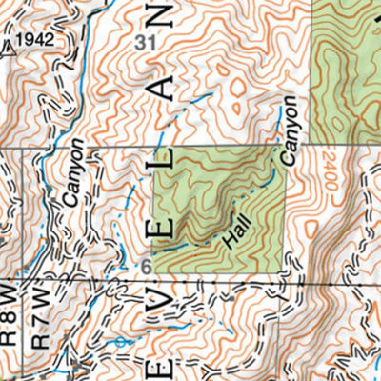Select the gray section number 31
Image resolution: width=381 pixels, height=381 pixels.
pos(145,42)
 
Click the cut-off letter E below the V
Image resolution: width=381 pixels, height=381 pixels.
pos(163,367)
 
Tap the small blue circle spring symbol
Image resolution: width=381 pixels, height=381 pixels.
pos(119,340)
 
